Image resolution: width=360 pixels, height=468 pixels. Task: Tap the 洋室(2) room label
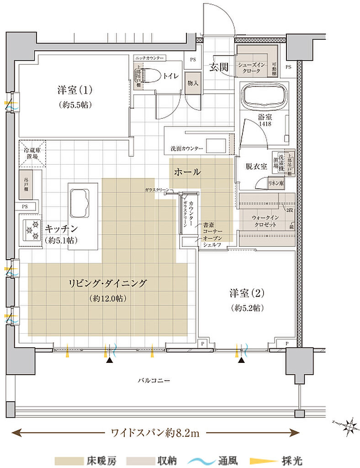(247, 292)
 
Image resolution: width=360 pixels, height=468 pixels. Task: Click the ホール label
(187, 172)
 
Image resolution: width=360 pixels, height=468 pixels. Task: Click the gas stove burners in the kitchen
(31, 231)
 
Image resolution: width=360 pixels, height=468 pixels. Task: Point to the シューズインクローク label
(249, 68)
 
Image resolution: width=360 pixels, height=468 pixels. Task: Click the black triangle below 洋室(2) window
(241, 361)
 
